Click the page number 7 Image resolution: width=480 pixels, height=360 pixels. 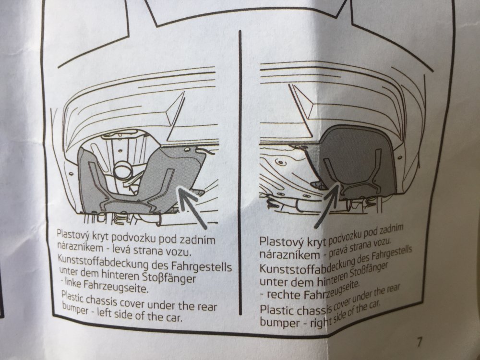[x=419, y=342]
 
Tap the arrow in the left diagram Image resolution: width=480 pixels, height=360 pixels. [x=193, y=208]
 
